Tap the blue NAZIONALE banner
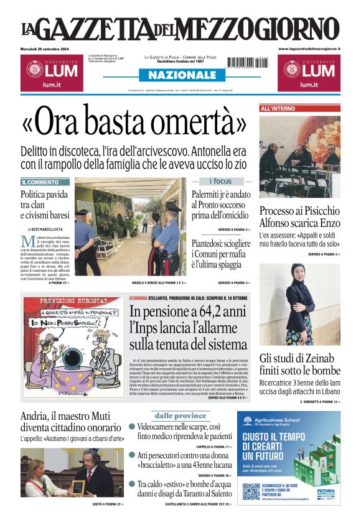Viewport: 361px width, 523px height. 180,75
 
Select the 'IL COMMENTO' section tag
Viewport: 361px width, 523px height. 40,182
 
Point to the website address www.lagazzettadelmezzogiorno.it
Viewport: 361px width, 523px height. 309,49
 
